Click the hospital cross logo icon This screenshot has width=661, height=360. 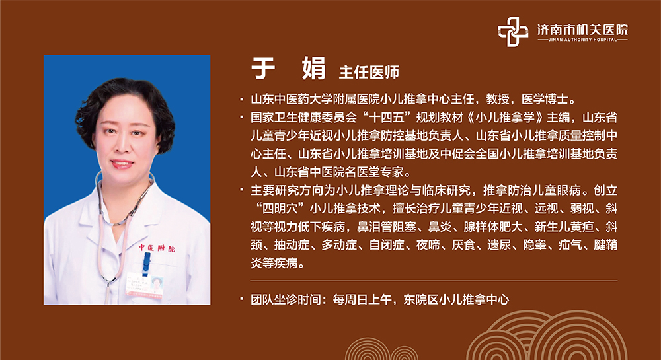(513, 32)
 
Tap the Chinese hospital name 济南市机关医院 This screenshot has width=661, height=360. (582, 30)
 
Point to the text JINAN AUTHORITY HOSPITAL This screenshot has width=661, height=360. (582, 40)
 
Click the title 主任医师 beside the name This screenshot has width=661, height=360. (369, 73)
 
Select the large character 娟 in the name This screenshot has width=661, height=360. (314, 68)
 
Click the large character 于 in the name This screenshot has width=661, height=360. (263, 68)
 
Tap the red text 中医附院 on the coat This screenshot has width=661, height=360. (157, 248)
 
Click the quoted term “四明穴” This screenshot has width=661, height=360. (279, 209)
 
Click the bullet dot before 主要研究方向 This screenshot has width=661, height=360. (241, 190)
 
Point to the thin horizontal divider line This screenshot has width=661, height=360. (434, 281)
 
